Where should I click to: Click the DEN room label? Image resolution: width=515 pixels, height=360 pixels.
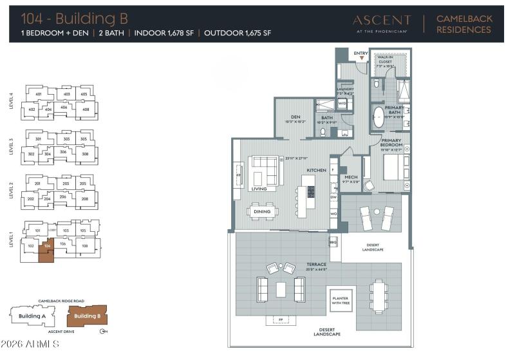tap(295, 117)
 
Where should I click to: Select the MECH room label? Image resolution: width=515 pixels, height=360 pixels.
tap(351, 176)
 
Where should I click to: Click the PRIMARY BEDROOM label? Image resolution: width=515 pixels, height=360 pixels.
tap(391, 142)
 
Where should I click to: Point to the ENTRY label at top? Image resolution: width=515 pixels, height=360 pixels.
tap(362, 53)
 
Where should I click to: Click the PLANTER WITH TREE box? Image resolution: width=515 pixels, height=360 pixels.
tap(340, 301)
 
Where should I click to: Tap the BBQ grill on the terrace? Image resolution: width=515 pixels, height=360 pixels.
tap(333, 242)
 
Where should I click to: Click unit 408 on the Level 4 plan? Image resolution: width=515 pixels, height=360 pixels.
tap(84, 109)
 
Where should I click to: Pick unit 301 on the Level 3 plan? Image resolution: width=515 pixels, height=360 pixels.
tap(38, 139)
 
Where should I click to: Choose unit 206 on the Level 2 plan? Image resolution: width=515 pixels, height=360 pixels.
tap(63, 196)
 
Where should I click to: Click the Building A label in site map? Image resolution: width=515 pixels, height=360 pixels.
tap(32, 316)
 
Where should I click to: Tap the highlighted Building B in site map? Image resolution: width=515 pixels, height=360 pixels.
tap(87, 316)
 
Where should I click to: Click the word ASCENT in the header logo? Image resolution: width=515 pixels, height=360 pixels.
tap(381, 20)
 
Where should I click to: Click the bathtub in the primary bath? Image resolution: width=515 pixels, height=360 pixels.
tap(377, 120)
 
